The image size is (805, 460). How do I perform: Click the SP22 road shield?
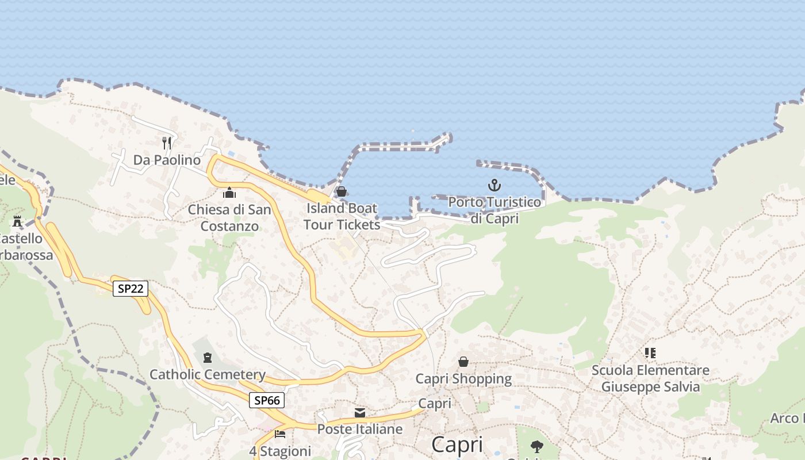click(x=130, y=288)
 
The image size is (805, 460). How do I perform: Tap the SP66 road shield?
click(x=267, y=400)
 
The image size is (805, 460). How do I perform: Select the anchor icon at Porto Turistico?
click(x=494, y=185)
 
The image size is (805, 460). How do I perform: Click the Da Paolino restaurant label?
click(x=167, y=160)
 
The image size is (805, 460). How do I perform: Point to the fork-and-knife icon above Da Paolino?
click(x=167, y=142)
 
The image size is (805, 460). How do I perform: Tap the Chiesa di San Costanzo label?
click(x=229, y=218)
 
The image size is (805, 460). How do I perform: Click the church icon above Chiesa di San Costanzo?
click(x=229, y=193)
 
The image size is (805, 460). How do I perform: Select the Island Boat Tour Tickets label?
click(x=342, y=216)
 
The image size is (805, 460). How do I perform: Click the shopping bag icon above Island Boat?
click(x=342, y=191)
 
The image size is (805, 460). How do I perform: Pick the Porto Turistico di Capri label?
click(x=494, y=210)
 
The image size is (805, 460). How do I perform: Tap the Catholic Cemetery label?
click(x=207, y=375)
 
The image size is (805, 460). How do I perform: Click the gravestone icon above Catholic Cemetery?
click(x=207, y=358)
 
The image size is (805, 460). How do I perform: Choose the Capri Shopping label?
click(x=463, y=379)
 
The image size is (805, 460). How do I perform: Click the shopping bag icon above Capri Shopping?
click(x=463, y=362)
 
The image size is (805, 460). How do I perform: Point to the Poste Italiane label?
click(x=360, y=430)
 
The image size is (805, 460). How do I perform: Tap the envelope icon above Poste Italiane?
click(x=360, y=412)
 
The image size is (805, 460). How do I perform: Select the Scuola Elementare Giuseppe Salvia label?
click(x=650, y=378)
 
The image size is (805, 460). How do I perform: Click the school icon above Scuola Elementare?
click(x=650, y=352)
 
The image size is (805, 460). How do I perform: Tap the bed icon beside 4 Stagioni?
click(x=280, y=433)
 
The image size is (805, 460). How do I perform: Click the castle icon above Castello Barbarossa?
click(x=17, y=221)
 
